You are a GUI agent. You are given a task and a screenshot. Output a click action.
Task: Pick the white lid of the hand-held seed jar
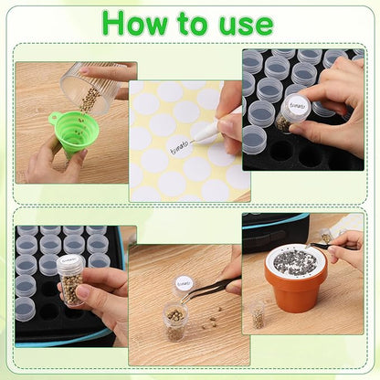coord(69,261)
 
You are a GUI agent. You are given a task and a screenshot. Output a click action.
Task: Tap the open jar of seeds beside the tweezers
coord(175,322)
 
